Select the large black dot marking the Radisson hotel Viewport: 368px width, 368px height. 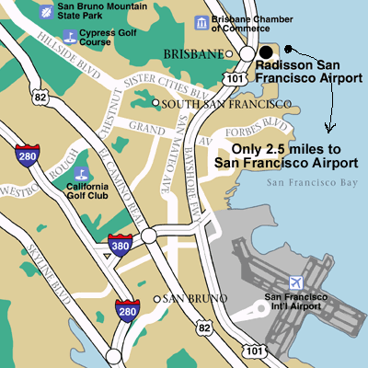pos(266,52)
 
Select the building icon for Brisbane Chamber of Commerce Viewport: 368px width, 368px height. pos(201,22)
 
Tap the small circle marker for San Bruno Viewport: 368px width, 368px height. pos(155,299)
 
